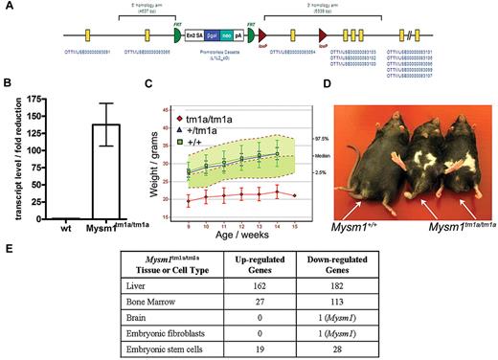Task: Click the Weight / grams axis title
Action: [x=148, y=169]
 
